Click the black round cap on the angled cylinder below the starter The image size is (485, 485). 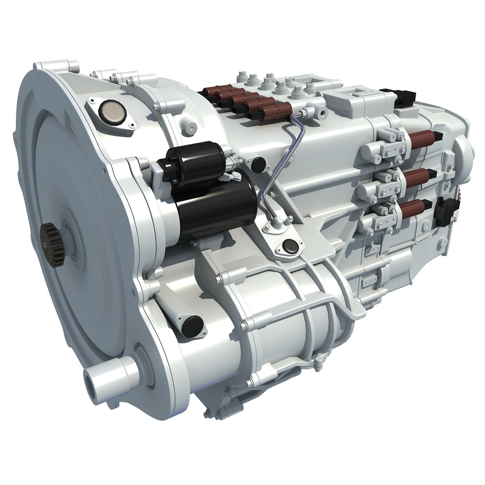click(x=192, y=325)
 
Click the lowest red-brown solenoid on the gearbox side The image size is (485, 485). click(x=415, y=208)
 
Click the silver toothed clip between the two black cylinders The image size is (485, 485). click(x=230, y=177)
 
